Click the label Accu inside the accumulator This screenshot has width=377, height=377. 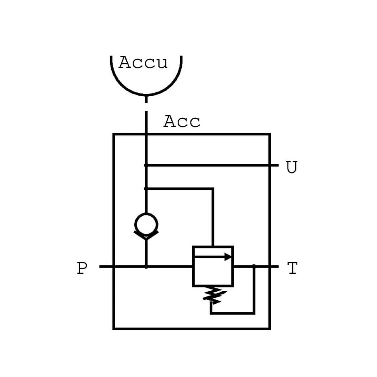click(x=143, y=63)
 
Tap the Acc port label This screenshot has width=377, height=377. click(x=182, y=122)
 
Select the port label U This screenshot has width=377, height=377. click(x=292, y=167)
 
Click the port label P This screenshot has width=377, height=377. click(x=82, y=269)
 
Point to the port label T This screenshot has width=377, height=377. click(x=292, y=269)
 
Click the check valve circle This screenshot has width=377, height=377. click(x=146, y=224)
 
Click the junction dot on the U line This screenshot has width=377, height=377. click(x=146, y=165)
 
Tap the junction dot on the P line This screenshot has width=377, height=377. click(x=146, y=267)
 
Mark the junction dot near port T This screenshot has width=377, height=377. click(x=254, y=267)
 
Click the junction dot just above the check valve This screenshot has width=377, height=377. click(x=146, y=188)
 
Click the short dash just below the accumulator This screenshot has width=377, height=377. click(x=146, y=100)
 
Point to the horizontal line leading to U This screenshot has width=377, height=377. click(x=212, y=165)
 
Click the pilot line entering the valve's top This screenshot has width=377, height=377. click(x=213, y=217)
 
